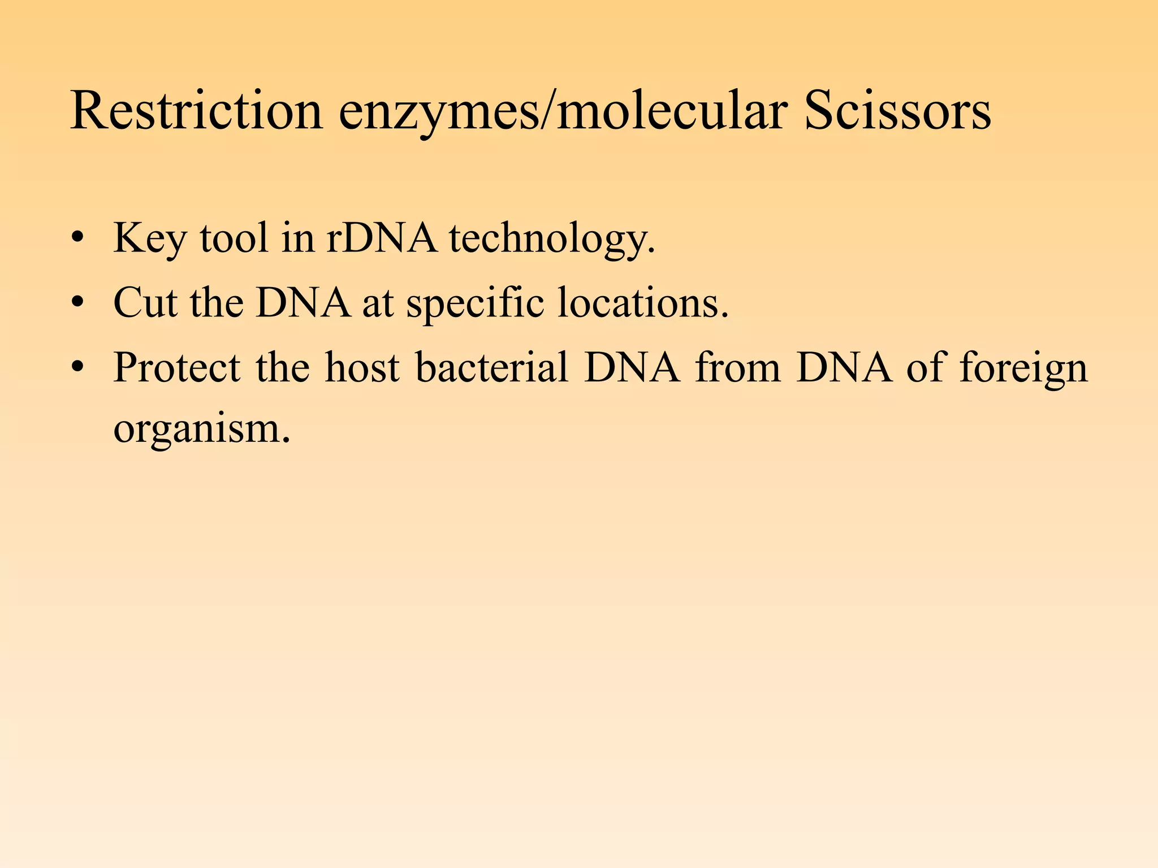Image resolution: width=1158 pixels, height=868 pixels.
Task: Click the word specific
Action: pos(475,304)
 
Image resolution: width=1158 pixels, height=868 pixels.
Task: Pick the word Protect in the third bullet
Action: pos(177,367)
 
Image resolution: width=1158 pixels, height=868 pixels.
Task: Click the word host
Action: pos(362,367)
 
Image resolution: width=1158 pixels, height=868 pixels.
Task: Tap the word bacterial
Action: pos(492,367)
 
